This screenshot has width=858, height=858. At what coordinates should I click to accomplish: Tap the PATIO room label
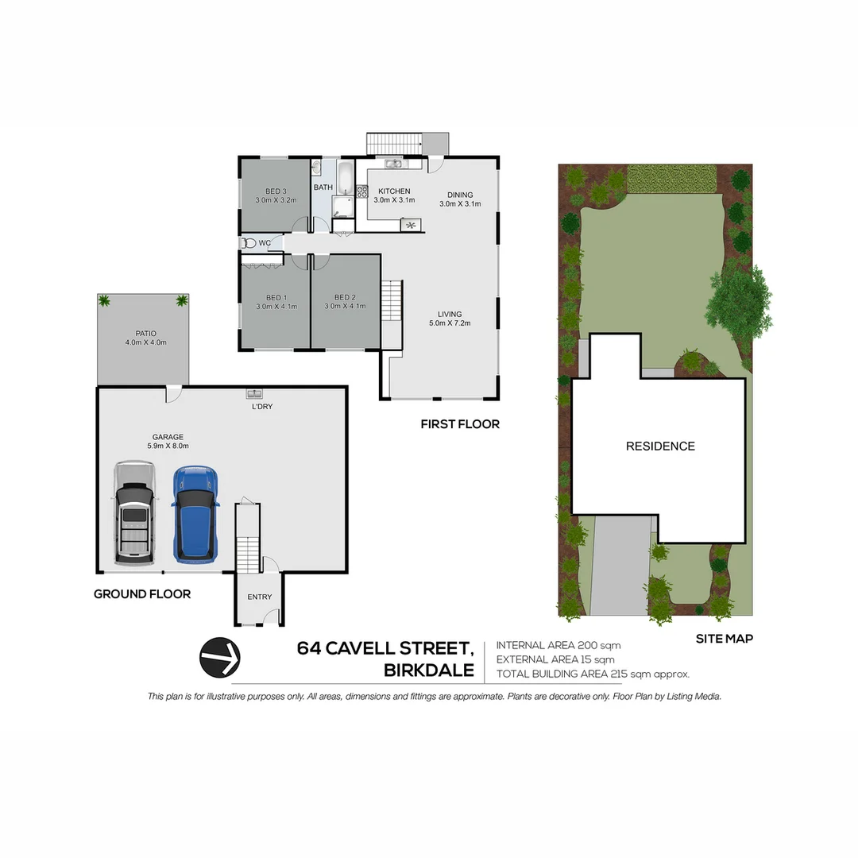pos(145,334)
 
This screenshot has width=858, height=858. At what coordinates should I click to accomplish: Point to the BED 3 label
pos(276,191)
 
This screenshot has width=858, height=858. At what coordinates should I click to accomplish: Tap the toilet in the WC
pos(249,243)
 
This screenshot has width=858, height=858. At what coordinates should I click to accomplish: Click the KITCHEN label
pos(394,191)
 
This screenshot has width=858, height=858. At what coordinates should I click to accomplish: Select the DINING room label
pos(460,195)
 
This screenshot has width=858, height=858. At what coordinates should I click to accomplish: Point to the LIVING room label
pos(450,314)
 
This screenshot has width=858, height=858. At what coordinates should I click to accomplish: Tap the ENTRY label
pos(260,597)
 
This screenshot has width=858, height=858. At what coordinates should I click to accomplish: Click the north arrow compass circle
pos(220,657)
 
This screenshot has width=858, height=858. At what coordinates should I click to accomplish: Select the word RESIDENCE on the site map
pos(660,446)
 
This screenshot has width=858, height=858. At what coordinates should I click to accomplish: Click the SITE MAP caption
pos(724,638)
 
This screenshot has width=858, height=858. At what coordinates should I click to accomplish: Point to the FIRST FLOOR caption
pos(460,424)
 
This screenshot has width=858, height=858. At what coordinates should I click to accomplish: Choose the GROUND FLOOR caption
pos(142,593)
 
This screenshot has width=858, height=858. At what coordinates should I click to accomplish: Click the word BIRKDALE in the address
pos(429,671)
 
